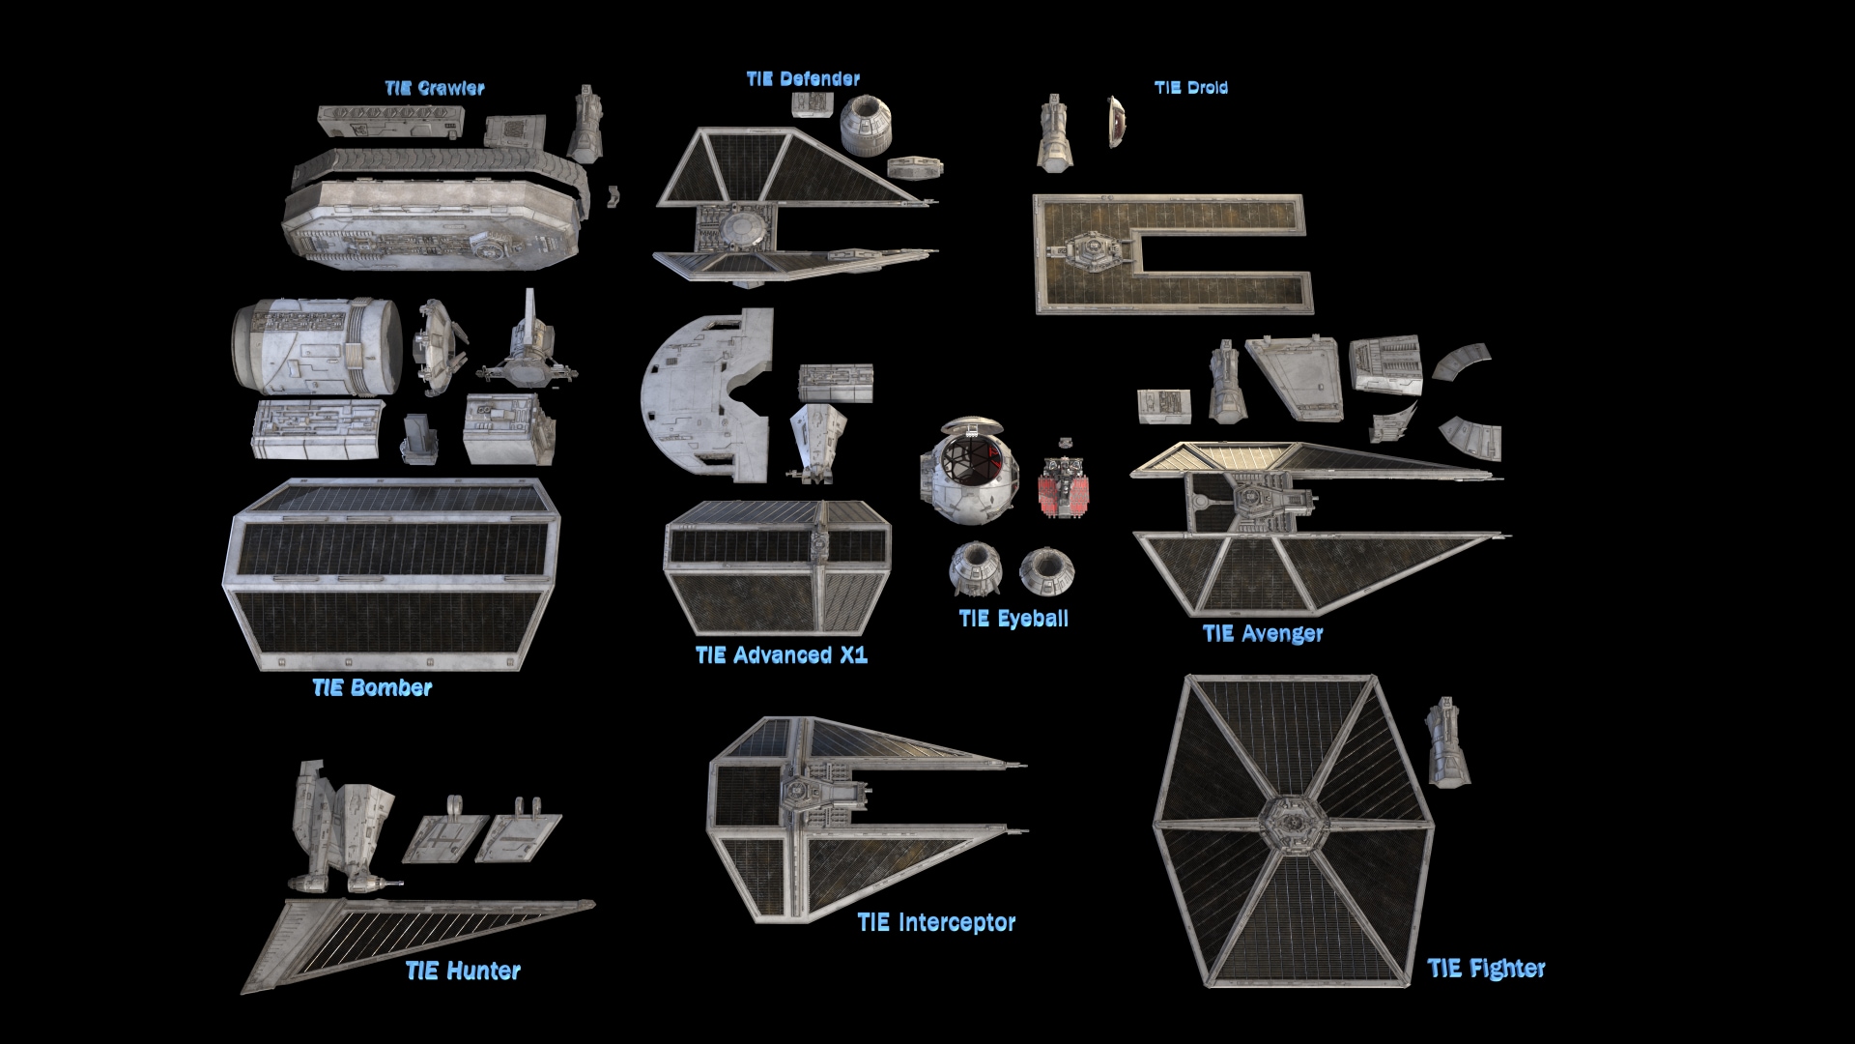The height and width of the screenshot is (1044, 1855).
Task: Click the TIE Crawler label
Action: click(435, 88)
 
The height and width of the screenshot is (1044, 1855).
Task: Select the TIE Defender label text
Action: click(803, 79)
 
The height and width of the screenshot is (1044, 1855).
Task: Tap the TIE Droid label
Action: click(1191, 88)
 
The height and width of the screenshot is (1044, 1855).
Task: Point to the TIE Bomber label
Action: click(372, 688)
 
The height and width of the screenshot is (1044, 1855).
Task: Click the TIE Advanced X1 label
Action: click(782, 655)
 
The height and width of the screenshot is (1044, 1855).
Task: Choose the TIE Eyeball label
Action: click(1013, 619)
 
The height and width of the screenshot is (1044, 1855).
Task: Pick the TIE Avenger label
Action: click(1263, 634)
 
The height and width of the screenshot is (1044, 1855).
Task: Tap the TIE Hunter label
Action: click(463, 971)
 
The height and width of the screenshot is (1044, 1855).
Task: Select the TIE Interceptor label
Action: click(936, 923)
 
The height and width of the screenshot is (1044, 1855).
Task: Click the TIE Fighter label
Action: click(1486, 969)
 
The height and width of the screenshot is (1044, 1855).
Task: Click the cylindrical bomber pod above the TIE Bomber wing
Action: click(317, 346)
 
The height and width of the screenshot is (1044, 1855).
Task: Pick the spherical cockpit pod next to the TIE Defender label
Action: click(866, 125)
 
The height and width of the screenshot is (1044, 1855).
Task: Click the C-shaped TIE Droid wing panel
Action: click(1173, 254)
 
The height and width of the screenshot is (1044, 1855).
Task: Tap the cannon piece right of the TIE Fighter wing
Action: click(1446, 742)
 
